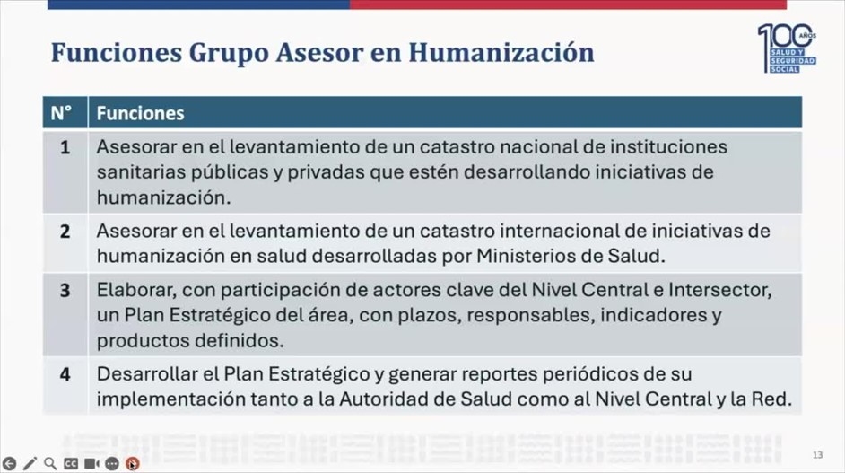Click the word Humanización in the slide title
pos(501,52)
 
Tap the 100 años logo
pos(787,48)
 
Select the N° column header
pos(61,113)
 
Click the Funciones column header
pos(140,113)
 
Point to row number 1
pos(65,147)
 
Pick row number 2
pos(65,232)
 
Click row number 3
pos(65,291)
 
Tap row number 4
pos(65,374)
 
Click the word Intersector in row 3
pos(720,290)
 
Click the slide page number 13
pos(817,455)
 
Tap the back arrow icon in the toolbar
pos(9,463)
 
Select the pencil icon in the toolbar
pos(30,463)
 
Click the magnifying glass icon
pos(50,463)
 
